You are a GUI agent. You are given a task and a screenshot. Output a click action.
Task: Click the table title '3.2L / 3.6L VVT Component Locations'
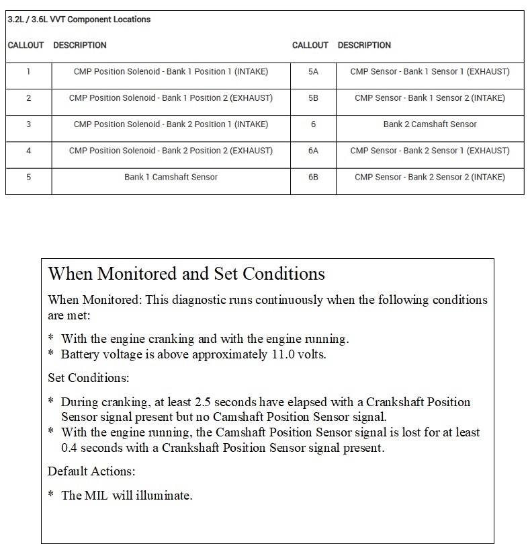pyautogui.click(x=79, y=20)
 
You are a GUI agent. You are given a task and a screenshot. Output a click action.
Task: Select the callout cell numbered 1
pyautogui.click(x=28, y=72)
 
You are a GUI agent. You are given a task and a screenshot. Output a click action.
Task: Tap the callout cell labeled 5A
pyautogui.click(x=313, y=72)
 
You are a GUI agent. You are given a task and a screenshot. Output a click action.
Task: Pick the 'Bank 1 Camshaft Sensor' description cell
pyautogui.click(x=171, y=177)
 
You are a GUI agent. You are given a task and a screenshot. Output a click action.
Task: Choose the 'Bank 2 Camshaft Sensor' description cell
pyautogui.click(x=430, y=124)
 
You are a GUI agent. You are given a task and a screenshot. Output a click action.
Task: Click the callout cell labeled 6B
pyautogui.click(x=313, y=177)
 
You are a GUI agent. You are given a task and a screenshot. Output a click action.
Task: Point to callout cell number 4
pyautogui.click(x=28, y=151)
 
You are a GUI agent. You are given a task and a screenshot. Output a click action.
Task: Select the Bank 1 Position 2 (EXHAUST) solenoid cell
pyautogui.click(x=171, y=98)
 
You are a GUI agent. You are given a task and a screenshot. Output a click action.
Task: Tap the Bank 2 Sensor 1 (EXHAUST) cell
pyautogui.click(x=430, y=151)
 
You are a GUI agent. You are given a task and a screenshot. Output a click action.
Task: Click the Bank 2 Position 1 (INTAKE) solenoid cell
pyautogui.click(x=171, y=124)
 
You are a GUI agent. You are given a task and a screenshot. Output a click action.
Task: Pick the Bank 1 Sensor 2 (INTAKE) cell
pyautogui.click(x=430, y=98)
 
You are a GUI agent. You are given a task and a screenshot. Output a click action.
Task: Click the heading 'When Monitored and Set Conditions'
pyautogui.click(x=187, y=274)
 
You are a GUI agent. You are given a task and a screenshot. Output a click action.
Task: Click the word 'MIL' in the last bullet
pyautogui.click(x=96, y=496)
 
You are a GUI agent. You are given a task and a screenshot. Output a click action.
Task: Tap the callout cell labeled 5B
pyautogui.click(x=313, y=98)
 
